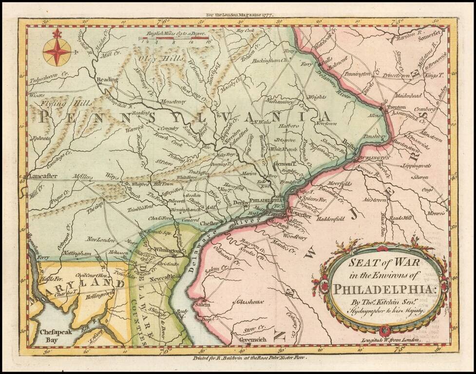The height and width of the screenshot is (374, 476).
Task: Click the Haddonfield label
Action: [330, 219]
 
